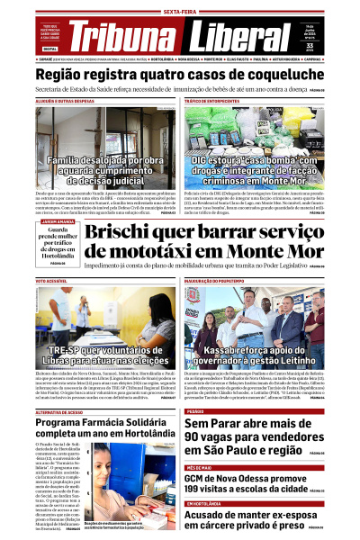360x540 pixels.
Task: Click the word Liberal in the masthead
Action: pyautogui.click(x=234, y=36)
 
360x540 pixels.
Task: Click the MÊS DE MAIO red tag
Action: pyautogui.click(x=200, y=468)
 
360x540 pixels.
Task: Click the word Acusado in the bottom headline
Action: pyautogui.click(x=212, y=516)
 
